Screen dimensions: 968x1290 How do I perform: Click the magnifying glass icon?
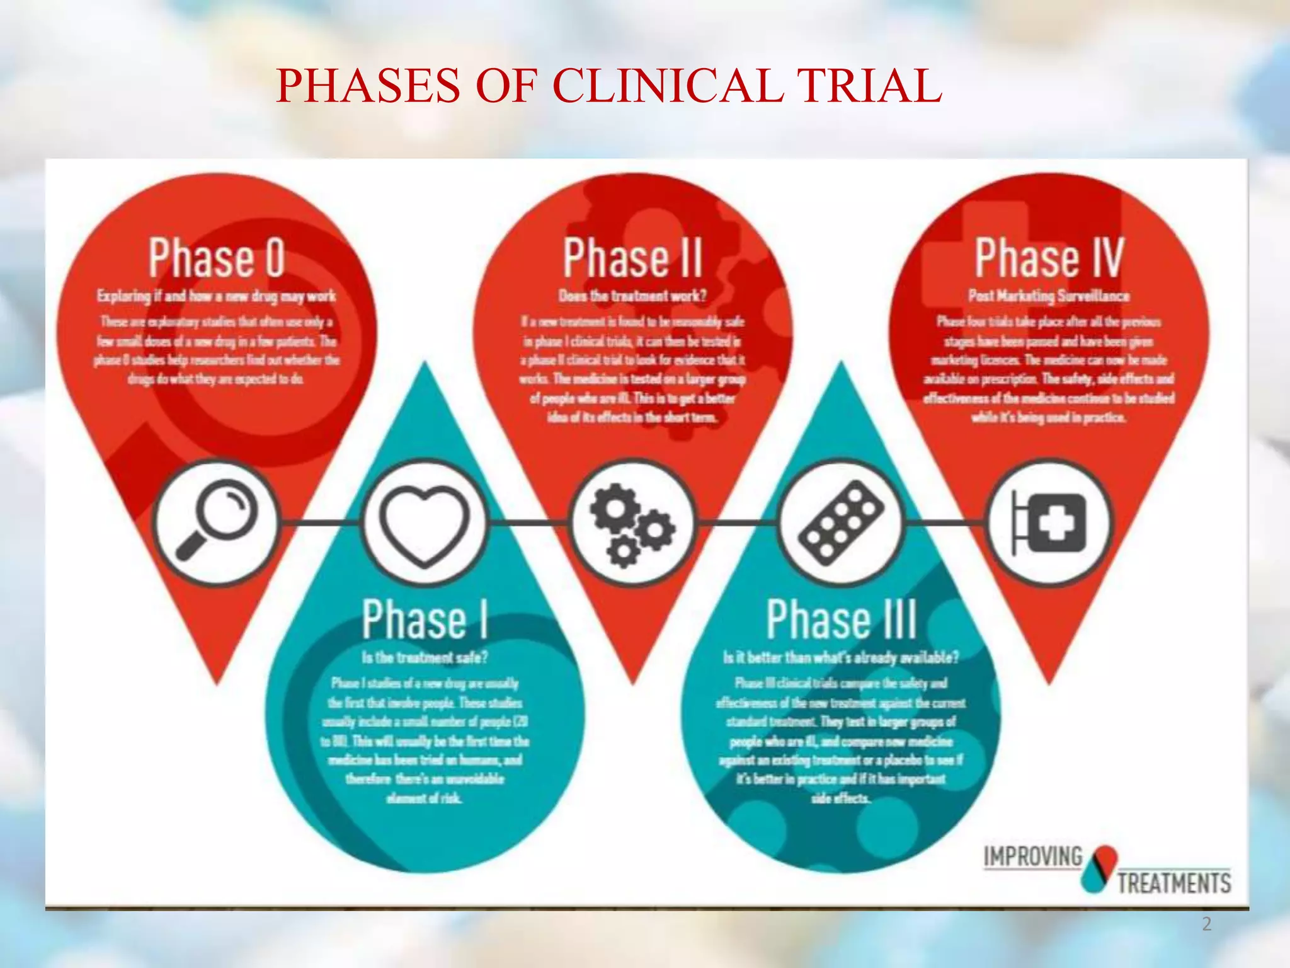click(216, 522)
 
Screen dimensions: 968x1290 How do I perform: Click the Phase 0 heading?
click(217, 258)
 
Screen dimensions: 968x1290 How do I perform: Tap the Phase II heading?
click(632, 258)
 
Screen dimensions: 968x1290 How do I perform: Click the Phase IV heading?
click(1049, 258)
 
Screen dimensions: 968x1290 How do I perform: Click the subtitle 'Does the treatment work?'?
click(632, 296)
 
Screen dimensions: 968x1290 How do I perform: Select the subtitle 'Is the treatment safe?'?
click(425, 657)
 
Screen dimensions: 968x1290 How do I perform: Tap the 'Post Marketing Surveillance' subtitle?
click(1049, 296)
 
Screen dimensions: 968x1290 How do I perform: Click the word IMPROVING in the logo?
click(1033, 857)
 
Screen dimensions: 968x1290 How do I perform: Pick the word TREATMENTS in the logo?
click(1174, 882)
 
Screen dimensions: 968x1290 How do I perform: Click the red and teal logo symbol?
click(1099, 868)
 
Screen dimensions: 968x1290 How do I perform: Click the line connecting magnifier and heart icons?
click(320, 522)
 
